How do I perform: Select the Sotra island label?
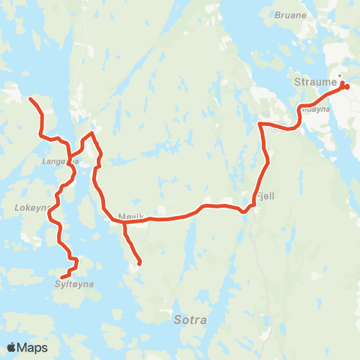[187, 319]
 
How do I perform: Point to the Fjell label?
[265, 195]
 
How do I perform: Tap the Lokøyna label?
[30, 207]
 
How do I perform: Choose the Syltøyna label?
[73, 284]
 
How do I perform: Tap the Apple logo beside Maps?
[12, 347]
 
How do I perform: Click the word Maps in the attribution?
[33, 347]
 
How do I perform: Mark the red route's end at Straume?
[346, 87]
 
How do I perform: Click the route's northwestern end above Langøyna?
[31, 99]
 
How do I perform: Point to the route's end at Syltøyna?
[62, 278]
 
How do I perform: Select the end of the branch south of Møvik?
[139, 262]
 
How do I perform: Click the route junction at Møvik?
[121, 221]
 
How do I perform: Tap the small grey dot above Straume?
[340, 75]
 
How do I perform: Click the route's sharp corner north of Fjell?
[260, 123]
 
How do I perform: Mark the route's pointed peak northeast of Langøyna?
[91, 133]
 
